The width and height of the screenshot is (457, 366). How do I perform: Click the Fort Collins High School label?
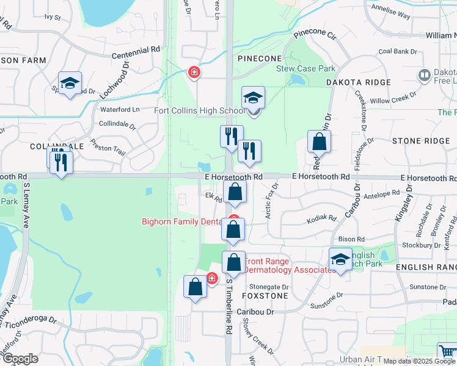click(199, 110)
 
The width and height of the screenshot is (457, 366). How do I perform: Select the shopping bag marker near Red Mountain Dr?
click(319, 143)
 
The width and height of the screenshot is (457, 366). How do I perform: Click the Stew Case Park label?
click(304, 68)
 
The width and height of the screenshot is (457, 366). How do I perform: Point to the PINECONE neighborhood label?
click(260, 59)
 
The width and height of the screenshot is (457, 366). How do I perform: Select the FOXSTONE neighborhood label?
click(264, 295)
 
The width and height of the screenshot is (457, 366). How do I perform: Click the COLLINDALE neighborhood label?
click(48, 147)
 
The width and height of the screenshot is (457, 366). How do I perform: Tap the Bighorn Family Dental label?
click(181, 221)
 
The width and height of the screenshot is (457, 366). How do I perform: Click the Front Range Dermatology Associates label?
click(290, 266)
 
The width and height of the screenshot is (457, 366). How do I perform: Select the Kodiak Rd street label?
click(324, 218)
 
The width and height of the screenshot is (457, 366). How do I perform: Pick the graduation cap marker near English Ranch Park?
click(340, 259)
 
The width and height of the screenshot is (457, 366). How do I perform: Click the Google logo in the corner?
click(20, 359)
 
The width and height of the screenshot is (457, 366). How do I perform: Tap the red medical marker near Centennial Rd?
click(194, 73)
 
